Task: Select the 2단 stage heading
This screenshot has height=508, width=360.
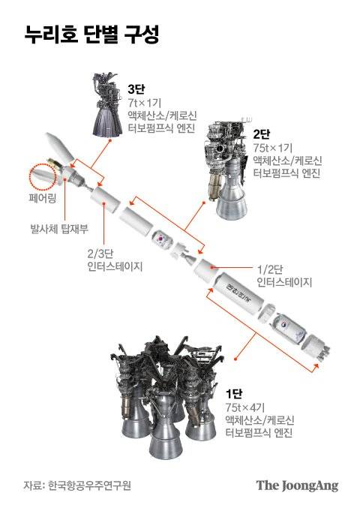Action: pos(262,134)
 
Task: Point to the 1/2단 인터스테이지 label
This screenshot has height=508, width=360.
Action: pos(283,275)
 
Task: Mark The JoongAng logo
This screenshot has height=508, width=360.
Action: pos(297,485)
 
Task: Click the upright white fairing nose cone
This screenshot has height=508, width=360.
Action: pos(59,149)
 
